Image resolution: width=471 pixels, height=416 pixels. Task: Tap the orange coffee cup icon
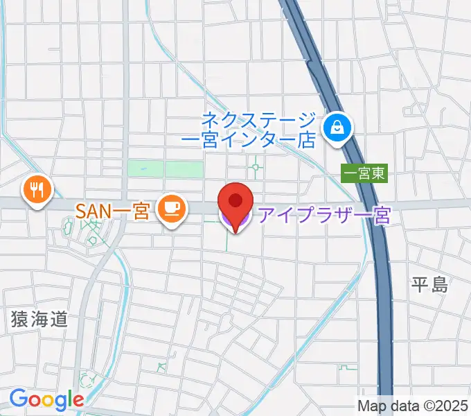coord(170,209)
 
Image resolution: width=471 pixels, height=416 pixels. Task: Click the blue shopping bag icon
coord(337,127)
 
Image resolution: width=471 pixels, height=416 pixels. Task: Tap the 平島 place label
coord(429,284)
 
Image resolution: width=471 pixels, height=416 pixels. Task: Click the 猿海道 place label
coord(39,319)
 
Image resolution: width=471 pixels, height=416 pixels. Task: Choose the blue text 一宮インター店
coord(249,139)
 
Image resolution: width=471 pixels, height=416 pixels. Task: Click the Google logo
coord(46,399)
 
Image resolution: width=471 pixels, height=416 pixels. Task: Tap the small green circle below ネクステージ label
coord(256,166)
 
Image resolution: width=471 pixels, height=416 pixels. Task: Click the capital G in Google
coord(19,399)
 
